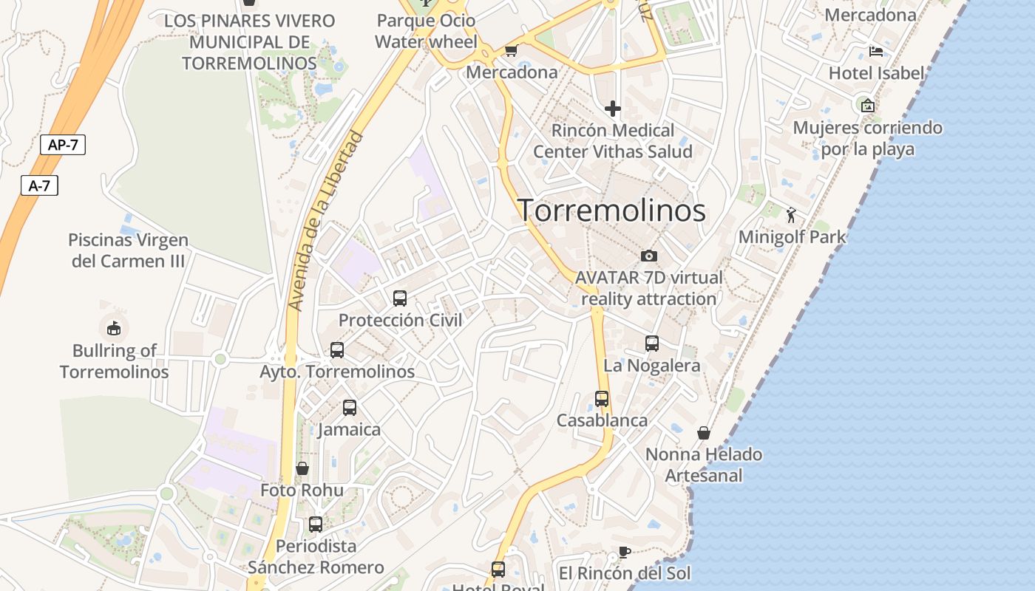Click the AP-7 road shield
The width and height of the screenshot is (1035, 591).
pyautogui.click(x=63, y=145)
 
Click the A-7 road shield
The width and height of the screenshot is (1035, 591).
pyautogui.click(x=39, y=185)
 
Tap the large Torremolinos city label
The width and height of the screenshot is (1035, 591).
pyautogui.click(x=611, y=211)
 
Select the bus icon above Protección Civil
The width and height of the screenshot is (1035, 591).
pyautogui.click(x=400, y=298)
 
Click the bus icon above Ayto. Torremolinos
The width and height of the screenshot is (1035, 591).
pyautogui.click(x=337, y=350)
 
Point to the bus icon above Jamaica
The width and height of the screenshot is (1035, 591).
pyautogui.click(x=350, y=408)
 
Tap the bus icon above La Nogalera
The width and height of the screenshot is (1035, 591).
pyautogui.click(x=652, y=344)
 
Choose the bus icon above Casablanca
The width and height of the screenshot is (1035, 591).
pyautogui.click(x=602, y=399)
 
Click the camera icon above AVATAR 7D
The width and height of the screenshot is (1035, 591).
pyautogui.click(x=649, y=256)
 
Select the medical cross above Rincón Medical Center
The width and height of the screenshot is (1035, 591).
pyautogui.click(x=613, y=109)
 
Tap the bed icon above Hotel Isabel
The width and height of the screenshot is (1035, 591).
pyautogui.click(x=876, y=52)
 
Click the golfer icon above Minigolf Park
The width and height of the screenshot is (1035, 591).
pyautogui.click(x=792, y=215)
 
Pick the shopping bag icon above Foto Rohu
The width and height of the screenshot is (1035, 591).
pyautogui.click(x=302, y=468)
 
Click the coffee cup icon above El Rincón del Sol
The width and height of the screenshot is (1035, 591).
pyautogui.click(x=625, y=552)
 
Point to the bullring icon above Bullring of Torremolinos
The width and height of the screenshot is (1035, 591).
pyautogui.click(x=114, y=328)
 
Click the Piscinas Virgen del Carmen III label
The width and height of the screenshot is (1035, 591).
pyautogui.click(x=128, y=250)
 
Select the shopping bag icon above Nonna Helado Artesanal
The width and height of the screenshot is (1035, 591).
pyautogui.click(x=704, y=432)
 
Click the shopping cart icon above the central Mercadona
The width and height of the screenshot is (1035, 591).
pyautogui.click(x=511, y=50)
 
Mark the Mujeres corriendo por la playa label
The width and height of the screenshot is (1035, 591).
pyautogui.click(x=868, y=138)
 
